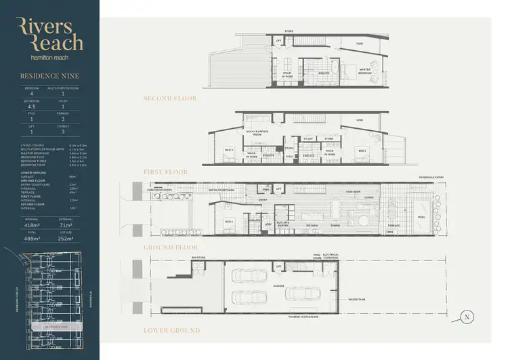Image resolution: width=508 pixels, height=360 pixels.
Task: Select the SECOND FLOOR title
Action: [170, 98]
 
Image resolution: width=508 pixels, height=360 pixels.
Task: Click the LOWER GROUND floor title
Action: [171, 330]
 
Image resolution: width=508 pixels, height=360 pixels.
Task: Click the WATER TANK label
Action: [357, 298]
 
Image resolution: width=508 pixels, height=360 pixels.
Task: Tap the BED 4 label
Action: [229, 222]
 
